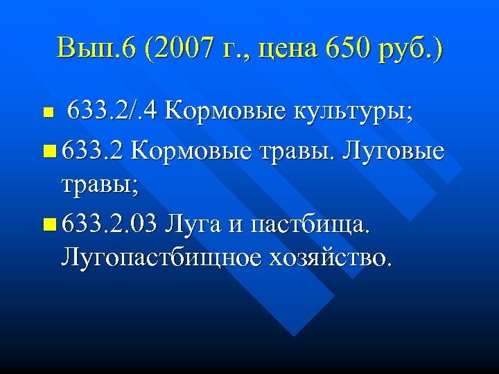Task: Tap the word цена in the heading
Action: pyautogui.click(x=277, y=50)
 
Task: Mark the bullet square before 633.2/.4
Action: pyautogui.click(x=47, y=112)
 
